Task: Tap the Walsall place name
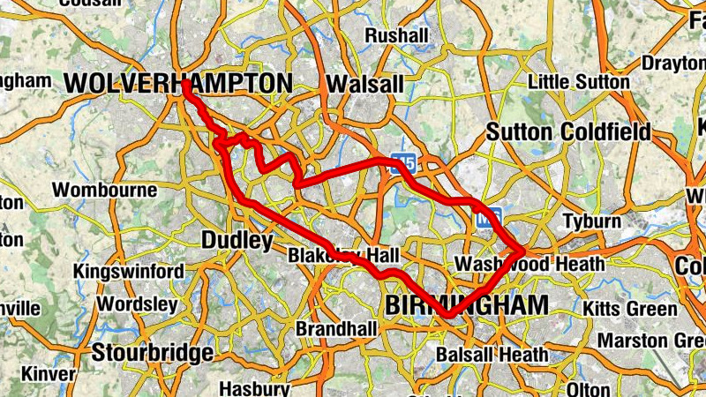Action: [x=364, y=84]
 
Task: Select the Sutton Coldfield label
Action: [x=569, y=132]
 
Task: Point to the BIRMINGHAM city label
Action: [x=466, y=305]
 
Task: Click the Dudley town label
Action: [x=237, y=240]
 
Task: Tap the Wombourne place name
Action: [x=104, y=191]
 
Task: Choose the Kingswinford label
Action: [x=129, y=271]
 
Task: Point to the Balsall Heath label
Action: [x=492, y=356]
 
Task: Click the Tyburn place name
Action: [x=592, y=221]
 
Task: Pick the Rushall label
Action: [x=396, y=36]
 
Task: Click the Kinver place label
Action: [x=49, y=374]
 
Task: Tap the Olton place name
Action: [x=589, y=389]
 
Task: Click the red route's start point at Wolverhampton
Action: [x=186, y=84]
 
